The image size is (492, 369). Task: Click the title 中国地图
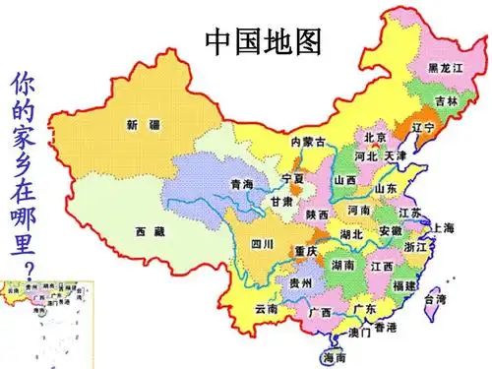(x=264, y=41)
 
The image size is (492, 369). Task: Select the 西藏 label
(x=150, y=230)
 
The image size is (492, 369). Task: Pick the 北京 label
(x=375, y=138)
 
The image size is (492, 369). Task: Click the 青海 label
(x=241, y=184)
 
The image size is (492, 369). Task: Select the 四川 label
(x=262, y=243)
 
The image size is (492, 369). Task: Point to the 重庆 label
(x=305, y=251)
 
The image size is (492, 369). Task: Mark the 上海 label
(x=443, y=228)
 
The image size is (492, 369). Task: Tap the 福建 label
(x=402, y=285)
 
